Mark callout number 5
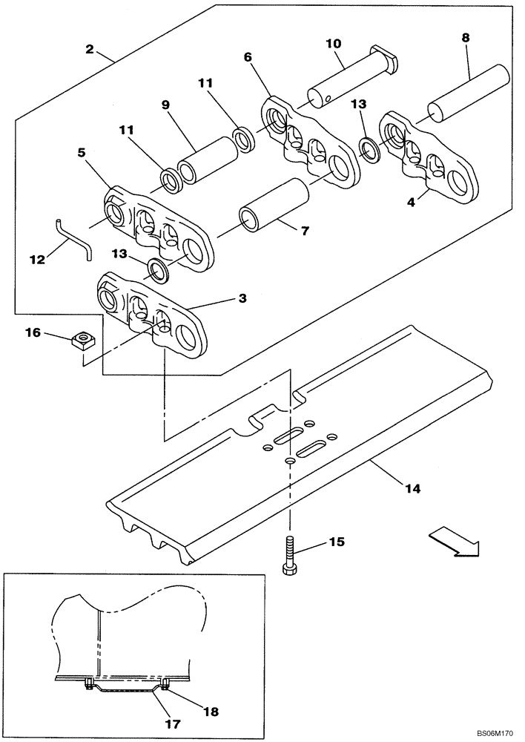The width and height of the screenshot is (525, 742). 83,152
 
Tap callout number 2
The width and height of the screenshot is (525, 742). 90,49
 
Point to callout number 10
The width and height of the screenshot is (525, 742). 333,44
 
